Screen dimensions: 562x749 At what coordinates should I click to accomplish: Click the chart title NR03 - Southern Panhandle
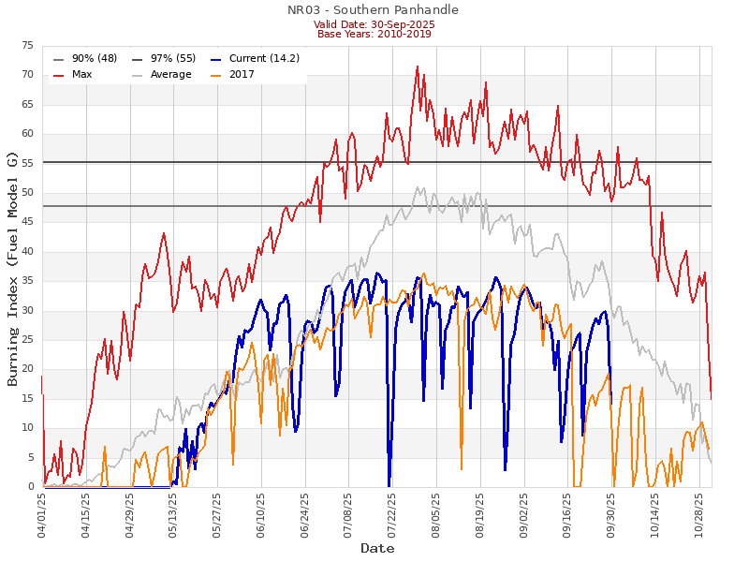point(374,10)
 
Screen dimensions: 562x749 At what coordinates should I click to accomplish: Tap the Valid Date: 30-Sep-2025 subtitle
point(374,23)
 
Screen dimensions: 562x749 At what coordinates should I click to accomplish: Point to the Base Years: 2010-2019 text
point(374,34)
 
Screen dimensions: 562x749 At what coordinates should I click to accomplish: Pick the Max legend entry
point(81,74)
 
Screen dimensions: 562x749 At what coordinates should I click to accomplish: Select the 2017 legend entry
point(242,74)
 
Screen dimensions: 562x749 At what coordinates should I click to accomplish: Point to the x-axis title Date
point(377,548)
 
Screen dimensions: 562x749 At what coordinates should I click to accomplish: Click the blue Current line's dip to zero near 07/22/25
point(389,484)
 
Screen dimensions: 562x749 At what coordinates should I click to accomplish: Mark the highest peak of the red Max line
point(418,67)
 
